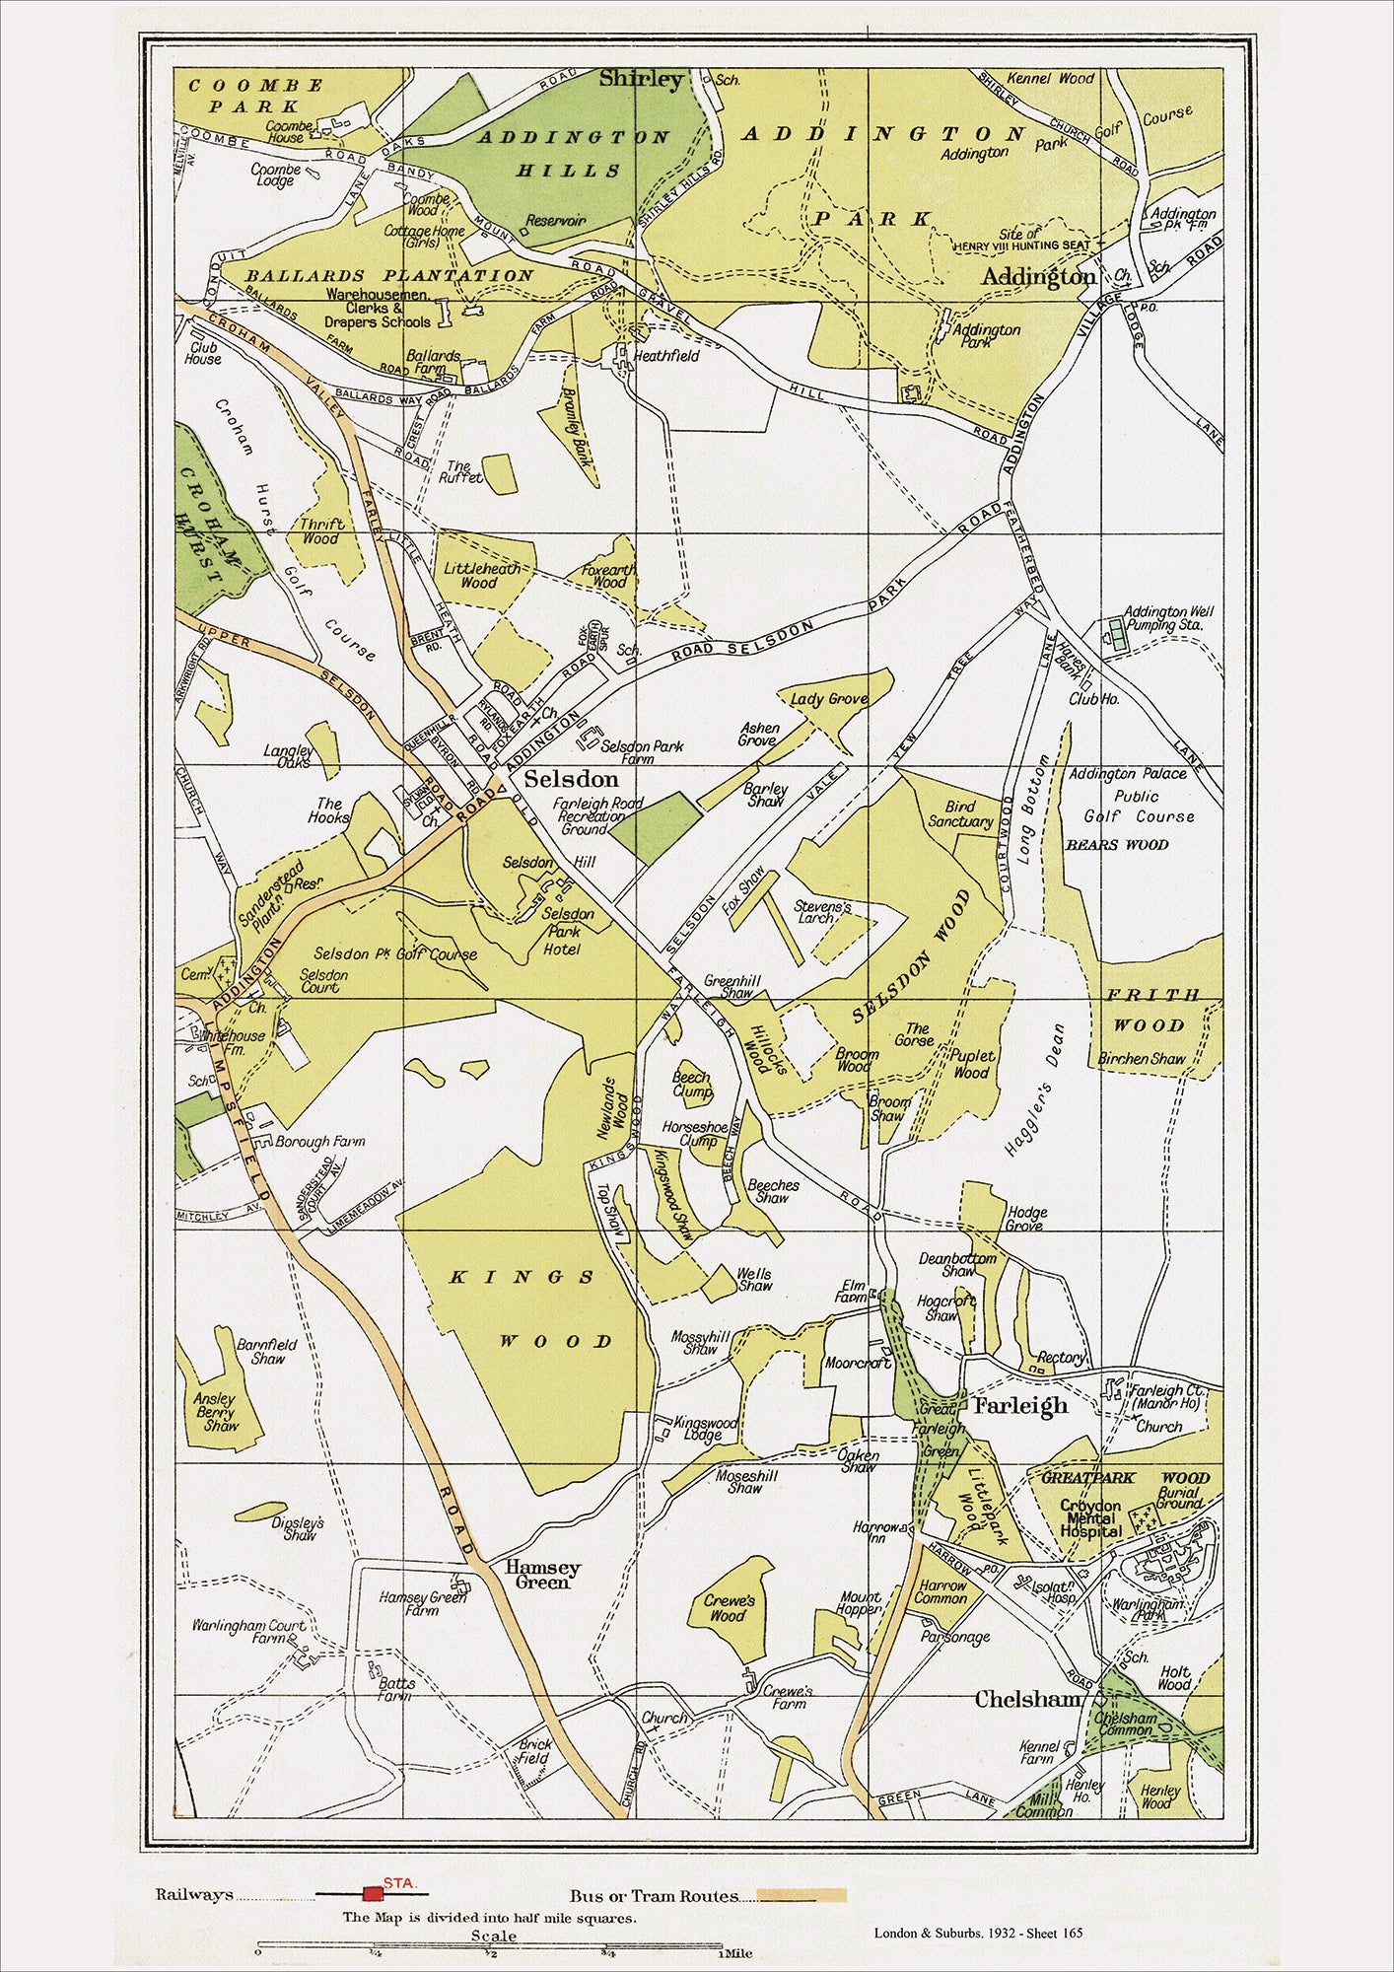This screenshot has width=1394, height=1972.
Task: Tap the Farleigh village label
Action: pos(1019,1406)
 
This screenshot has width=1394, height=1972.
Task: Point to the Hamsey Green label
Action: pos(542,1575)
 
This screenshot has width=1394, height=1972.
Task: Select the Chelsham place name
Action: pos(1028,1699)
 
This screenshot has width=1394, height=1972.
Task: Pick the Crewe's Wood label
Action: pos(729,1608)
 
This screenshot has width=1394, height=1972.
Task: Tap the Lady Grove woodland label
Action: pos(829,699)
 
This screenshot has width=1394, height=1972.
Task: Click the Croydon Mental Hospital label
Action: pos(1090,1518)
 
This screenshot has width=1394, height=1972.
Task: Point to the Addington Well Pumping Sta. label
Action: pos(1169,618)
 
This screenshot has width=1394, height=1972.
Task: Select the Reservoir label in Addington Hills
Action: pos(557,221)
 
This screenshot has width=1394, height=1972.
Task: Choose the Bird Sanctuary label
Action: pos(960,814)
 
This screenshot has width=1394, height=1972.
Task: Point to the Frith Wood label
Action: pos(1151,1010)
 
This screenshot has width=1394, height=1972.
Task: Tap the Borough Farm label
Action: pos(319,1141)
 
